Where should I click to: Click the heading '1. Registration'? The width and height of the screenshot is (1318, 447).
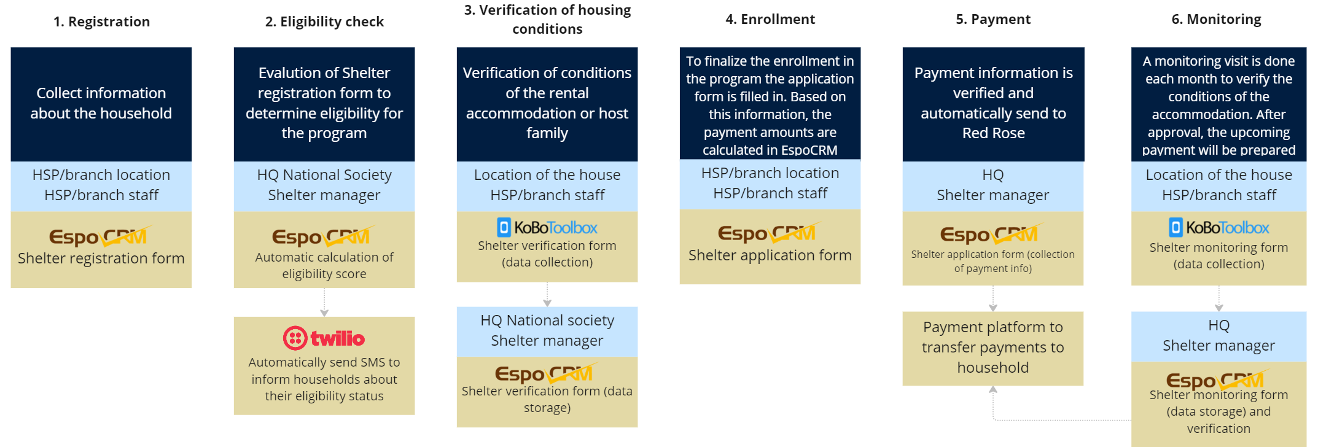(101, 21)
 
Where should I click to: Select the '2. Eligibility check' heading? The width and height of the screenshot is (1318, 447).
(324, 21)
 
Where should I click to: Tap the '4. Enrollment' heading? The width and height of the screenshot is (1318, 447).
(770, 19)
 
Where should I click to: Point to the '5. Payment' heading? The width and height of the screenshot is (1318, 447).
(993, 19)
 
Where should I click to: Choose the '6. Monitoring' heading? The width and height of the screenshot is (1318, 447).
(1216, 19)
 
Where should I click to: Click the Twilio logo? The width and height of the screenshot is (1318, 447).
(324, 338)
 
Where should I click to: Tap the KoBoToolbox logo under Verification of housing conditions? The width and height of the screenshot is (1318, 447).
(547, 228)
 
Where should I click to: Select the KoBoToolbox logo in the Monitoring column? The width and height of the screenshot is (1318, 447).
(1219, 228)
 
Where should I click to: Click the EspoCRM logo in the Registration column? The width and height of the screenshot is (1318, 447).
(101, 236)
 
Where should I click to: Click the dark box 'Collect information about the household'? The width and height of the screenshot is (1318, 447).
(101, 104)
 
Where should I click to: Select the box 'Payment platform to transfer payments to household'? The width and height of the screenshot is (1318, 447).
(993, 348)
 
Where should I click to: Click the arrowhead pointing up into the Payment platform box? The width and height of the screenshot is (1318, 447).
(993, 389)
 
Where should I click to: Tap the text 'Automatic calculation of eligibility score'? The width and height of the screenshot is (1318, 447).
(324, 265)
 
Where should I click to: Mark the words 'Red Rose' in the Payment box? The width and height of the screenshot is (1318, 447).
(993, 133)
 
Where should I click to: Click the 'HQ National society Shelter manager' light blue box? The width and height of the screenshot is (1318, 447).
(547, 332)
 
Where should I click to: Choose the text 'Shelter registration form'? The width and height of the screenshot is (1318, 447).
(101, 258)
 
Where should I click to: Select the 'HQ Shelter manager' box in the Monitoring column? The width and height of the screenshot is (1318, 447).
(1219, 336)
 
